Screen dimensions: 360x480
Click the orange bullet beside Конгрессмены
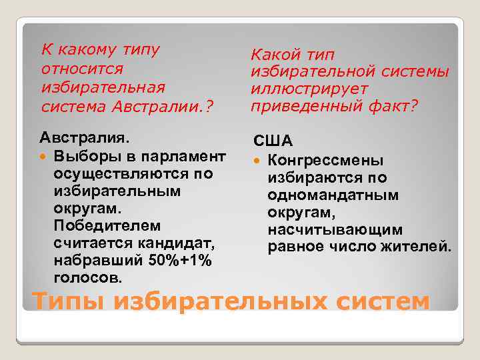[257, 161]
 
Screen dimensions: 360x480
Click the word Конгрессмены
[325, 161]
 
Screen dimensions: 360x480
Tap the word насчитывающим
[335, 230]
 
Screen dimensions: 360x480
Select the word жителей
[423, 247]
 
